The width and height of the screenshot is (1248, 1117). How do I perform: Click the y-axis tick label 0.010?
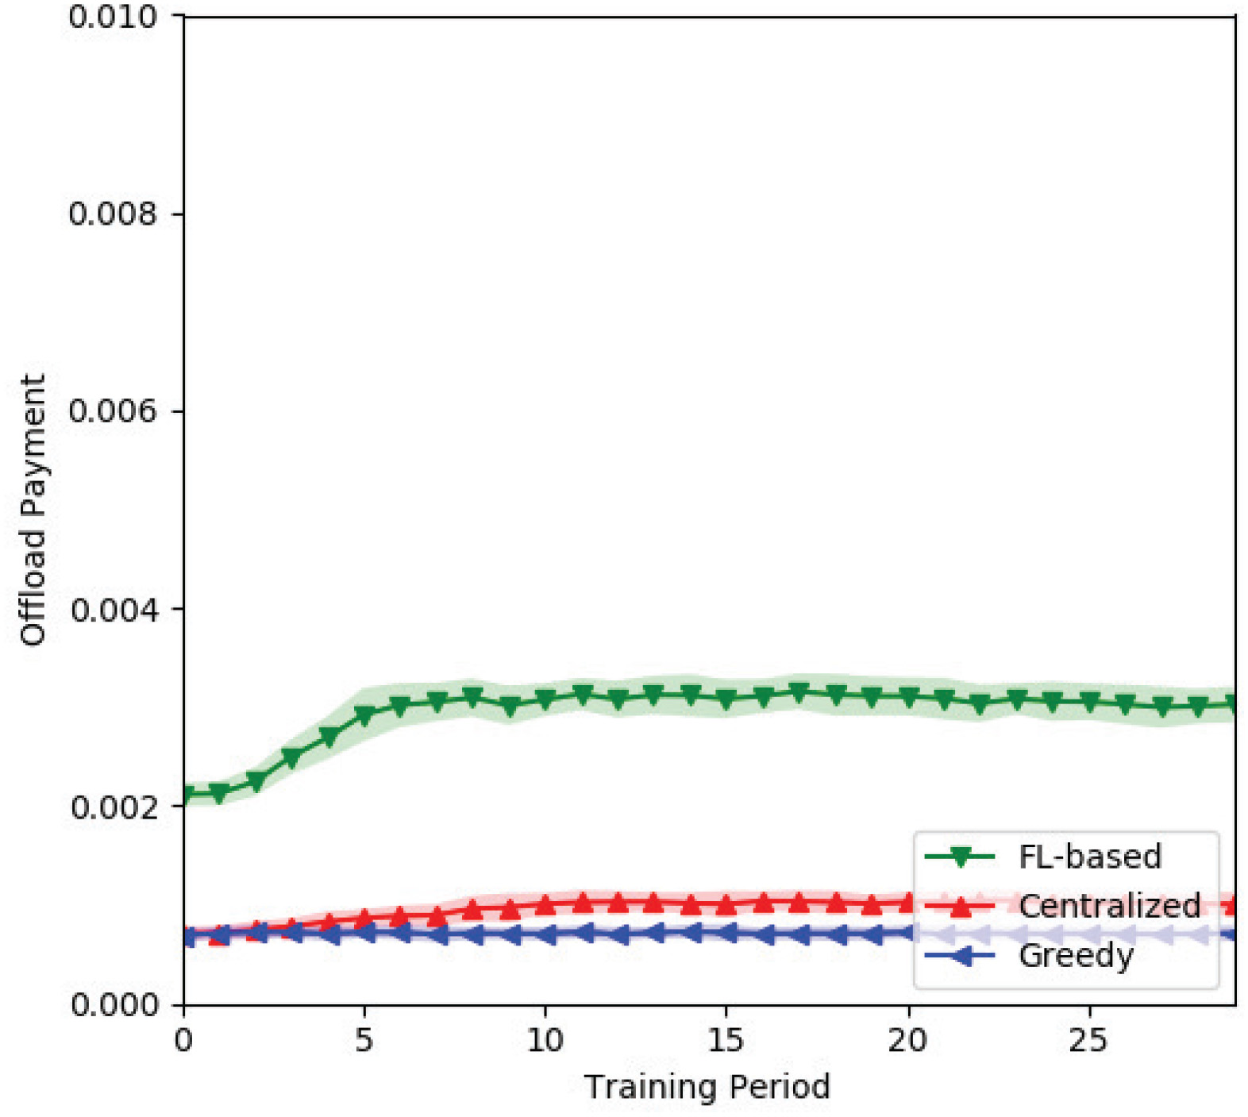pyautogui.click(x=113, y=17)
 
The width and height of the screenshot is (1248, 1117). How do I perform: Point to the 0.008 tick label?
pyautogui.click(x=113, y=214)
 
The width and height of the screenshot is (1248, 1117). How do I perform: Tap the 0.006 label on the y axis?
pyautogui.click(x=113, y=411)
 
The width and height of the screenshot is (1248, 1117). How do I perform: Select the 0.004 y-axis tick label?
pyautogui.click(x=113, y=610)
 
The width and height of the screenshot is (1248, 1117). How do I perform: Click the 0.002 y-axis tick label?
pyautogui.click(x=113, y=807)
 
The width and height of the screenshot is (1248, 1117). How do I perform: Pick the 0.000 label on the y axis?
pyautogui.click(x=113, y=1004)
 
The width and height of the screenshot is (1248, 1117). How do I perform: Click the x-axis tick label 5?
pyautogui.click(x=364, y=1040)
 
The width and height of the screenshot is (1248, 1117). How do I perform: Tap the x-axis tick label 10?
pyautogui.click(x=545, y=1040)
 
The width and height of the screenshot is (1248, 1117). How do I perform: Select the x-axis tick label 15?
pyautogui.click(x=726, y=1040)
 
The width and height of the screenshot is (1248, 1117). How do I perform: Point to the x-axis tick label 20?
pyautogui.click(x=907, y=1040)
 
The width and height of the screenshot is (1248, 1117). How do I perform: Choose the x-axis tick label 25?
pyautogui.click(x=1088, y=1040)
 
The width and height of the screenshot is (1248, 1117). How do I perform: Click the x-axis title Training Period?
pyautogui.click(x=707, y=1087)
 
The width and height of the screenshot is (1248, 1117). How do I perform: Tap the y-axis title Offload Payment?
pyautogui.click(x=33, y=510)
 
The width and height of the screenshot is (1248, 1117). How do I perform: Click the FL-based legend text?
pyautogui.click(x=1089, y=857)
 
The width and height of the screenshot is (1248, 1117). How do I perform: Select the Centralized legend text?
pyautogui.click(x=1109, y=906)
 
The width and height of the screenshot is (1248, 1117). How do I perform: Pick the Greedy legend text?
pyautogui.click(x=1076, y=956)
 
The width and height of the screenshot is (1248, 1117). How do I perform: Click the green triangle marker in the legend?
pyautogui.click(x=960, y=857)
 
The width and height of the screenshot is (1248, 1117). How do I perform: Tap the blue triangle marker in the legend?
pyautogui.click(x=960, y=956)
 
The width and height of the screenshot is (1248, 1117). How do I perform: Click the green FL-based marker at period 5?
pyautogui.click(x=364, y=716)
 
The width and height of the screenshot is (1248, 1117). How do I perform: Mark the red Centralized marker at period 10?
pyautogui.click(x=545, y=904)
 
